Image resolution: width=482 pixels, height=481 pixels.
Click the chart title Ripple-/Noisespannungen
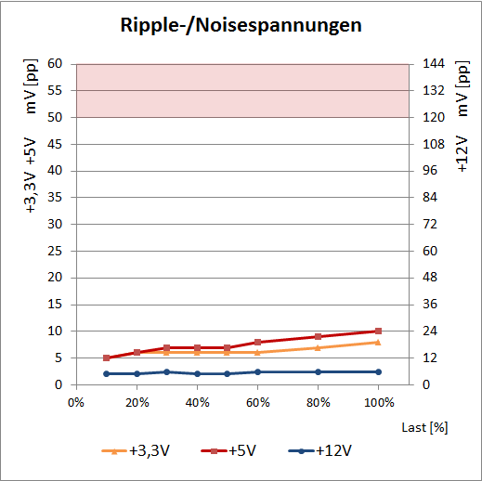tap(241, 25)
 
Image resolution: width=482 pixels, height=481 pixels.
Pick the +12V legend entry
tap(321, 450)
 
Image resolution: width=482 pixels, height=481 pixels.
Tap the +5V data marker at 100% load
tap(378, 331)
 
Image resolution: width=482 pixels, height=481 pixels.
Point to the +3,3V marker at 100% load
tap(378, 342)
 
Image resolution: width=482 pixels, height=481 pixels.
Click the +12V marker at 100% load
tap(378, 371)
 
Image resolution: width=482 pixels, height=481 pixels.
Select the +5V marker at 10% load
tap(107, 357)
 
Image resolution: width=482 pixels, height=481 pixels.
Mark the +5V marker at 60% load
tap(257, 342)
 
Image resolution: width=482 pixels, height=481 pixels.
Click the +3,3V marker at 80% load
tap(318, 347)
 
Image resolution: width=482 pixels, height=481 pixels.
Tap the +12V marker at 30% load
tap(166, 371)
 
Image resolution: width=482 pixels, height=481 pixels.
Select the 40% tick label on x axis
tap(197, 402)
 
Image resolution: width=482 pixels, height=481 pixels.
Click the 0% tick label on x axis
tap(76, 402)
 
